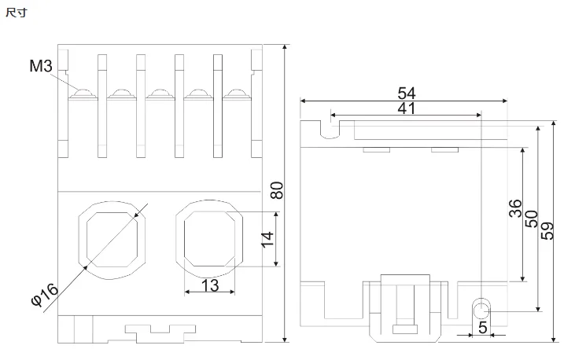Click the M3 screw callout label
click(x=41, y=66)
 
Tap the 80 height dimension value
click(x=277, y=190)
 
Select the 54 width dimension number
click(x=406, y=93)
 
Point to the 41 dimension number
click(x=406, y=108)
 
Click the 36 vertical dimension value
click(x=515, y=208)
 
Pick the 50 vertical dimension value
click(x=532, y=219)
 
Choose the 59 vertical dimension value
click(x=547, y=231)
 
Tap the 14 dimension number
click(x=267, y=240)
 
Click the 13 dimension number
click(x=210, y=285)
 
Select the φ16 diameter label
click(x=45, y=294)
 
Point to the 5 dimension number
click(x=482, y=328)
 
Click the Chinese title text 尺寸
click(x=17, y=13)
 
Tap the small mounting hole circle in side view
click(x=481, y=310)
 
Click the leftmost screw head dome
click(x=83, y=93)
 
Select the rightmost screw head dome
click(x=237, y=93)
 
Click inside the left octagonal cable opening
click(x=112, y=240)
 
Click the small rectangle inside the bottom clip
click(x=405, y=329)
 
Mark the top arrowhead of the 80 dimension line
click(x=286, y=47)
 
